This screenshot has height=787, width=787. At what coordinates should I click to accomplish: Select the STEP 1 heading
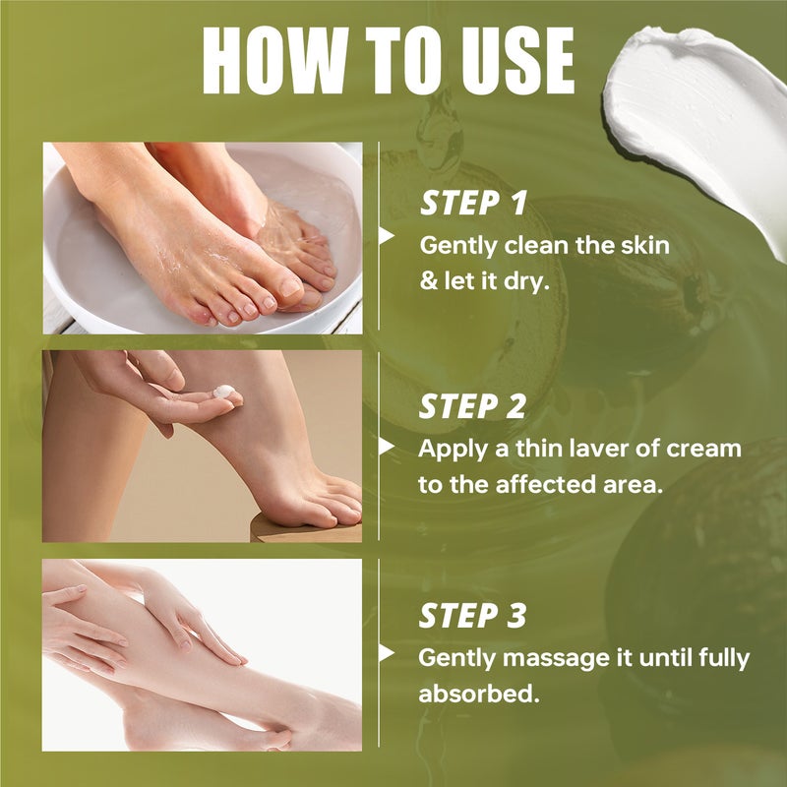pyautogui.click(x=473, y=203)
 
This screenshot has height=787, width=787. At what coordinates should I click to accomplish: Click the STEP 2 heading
pyautogui.click(x=472, y=406)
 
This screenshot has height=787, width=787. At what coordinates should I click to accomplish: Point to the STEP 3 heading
pyautogui.click(x=472, y=616)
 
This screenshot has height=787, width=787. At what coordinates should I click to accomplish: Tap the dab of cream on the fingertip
pyautogui.click(x=224, y=391)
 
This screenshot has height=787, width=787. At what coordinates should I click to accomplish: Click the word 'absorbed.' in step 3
pyautogui.click(x=479, y=694)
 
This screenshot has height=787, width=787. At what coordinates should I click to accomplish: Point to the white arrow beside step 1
pyautogui.click(x=387, y=236)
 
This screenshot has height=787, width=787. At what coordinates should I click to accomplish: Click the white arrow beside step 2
pyautogui.click(x=387, y=446)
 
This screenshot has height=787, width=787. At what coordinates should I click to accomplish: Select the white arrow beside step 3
pyautogui.click(x=387, y=653)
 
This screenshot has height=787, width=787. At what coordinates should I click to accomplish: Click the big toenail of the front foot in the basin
pyautogui.click(x=290, y=287)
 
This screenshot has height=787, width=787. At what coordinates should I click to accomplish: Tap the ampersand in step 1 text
pyautogui.click(x=428, y=281)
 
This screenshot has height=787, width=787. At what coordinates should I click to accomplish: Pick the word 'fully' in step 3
pyautogui.click(x=724, y=658)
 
